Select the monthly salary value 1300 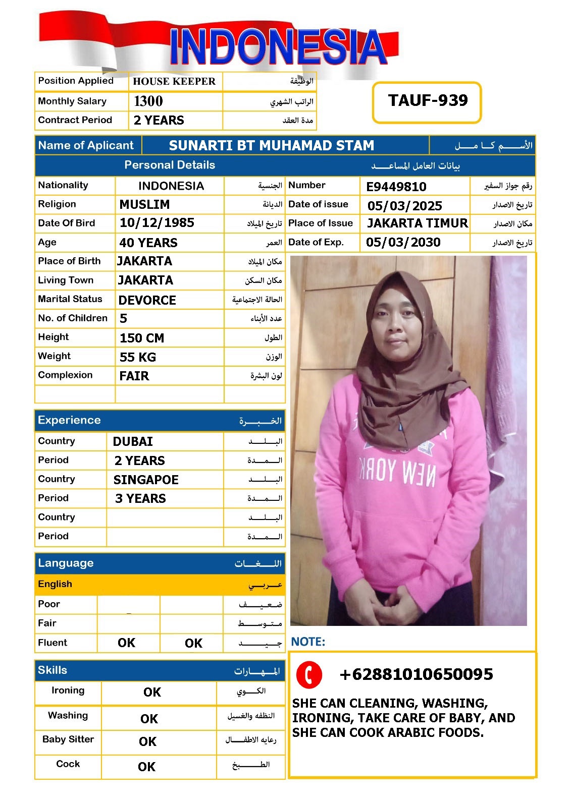[x=148, y=101]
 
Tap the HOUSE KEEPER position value [x=174, y=82]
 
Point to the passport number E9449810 [x=396, y=187]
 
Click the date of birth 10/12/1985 [x=157, y=223]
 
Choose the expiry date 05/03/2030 [x=403, y=243]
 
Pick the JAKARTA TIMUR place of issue [x=418, y=223]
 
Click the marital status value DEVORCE [x=147, y=301]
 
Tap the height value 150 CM [x=141, y=338]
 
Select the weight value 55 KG [x=137, y=358]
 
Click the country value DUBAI [x=133, y=442]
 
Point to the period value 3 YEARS [x=140, y=499]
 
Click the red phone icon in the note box [x=309, y=674]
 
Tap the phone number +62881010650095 [x=416, y=674]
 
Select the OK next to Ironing [x=152, y=693]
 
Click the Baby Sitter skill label [x=68, y=739]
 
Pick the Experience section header [x=69, y=421]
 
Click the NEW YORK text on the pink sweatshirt [x=397, y=472]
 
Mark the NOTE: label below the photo [x=308, y=642]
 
